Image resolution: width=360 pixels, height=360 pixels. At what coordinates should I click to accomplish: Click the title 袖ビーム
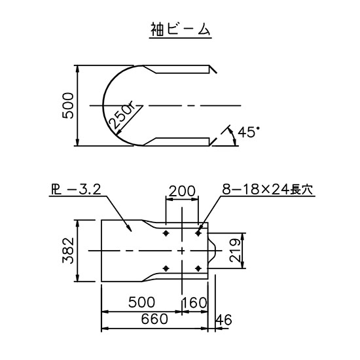click(181, 29)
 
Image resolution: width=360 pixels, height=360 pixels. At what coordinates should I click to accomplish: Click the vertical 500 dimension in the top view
click(68, 105)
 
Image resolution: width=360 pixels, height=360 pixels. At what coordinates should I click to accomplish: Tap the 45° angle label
click(249, 132)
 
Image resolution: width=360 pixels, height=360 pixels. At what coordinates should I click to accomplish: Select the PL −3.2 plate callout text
click(76, 190)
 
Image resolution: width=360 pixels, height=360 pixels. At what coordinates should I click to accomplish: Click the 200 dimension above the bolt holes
click(182, 191)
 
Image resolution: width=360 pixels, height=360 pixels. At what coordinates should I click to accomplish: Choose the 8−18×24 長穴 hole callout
click(268, 190)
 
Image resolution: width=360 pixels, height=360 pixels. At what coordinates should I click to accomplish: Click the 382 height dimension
click(68, 251)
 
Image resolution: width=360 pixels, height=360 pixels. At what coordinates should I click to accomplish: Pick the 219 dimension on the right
click(235, 251)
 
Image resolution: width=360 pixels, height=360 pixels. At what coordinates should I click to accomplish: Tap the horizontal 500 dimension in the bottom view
click(141, 302)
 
